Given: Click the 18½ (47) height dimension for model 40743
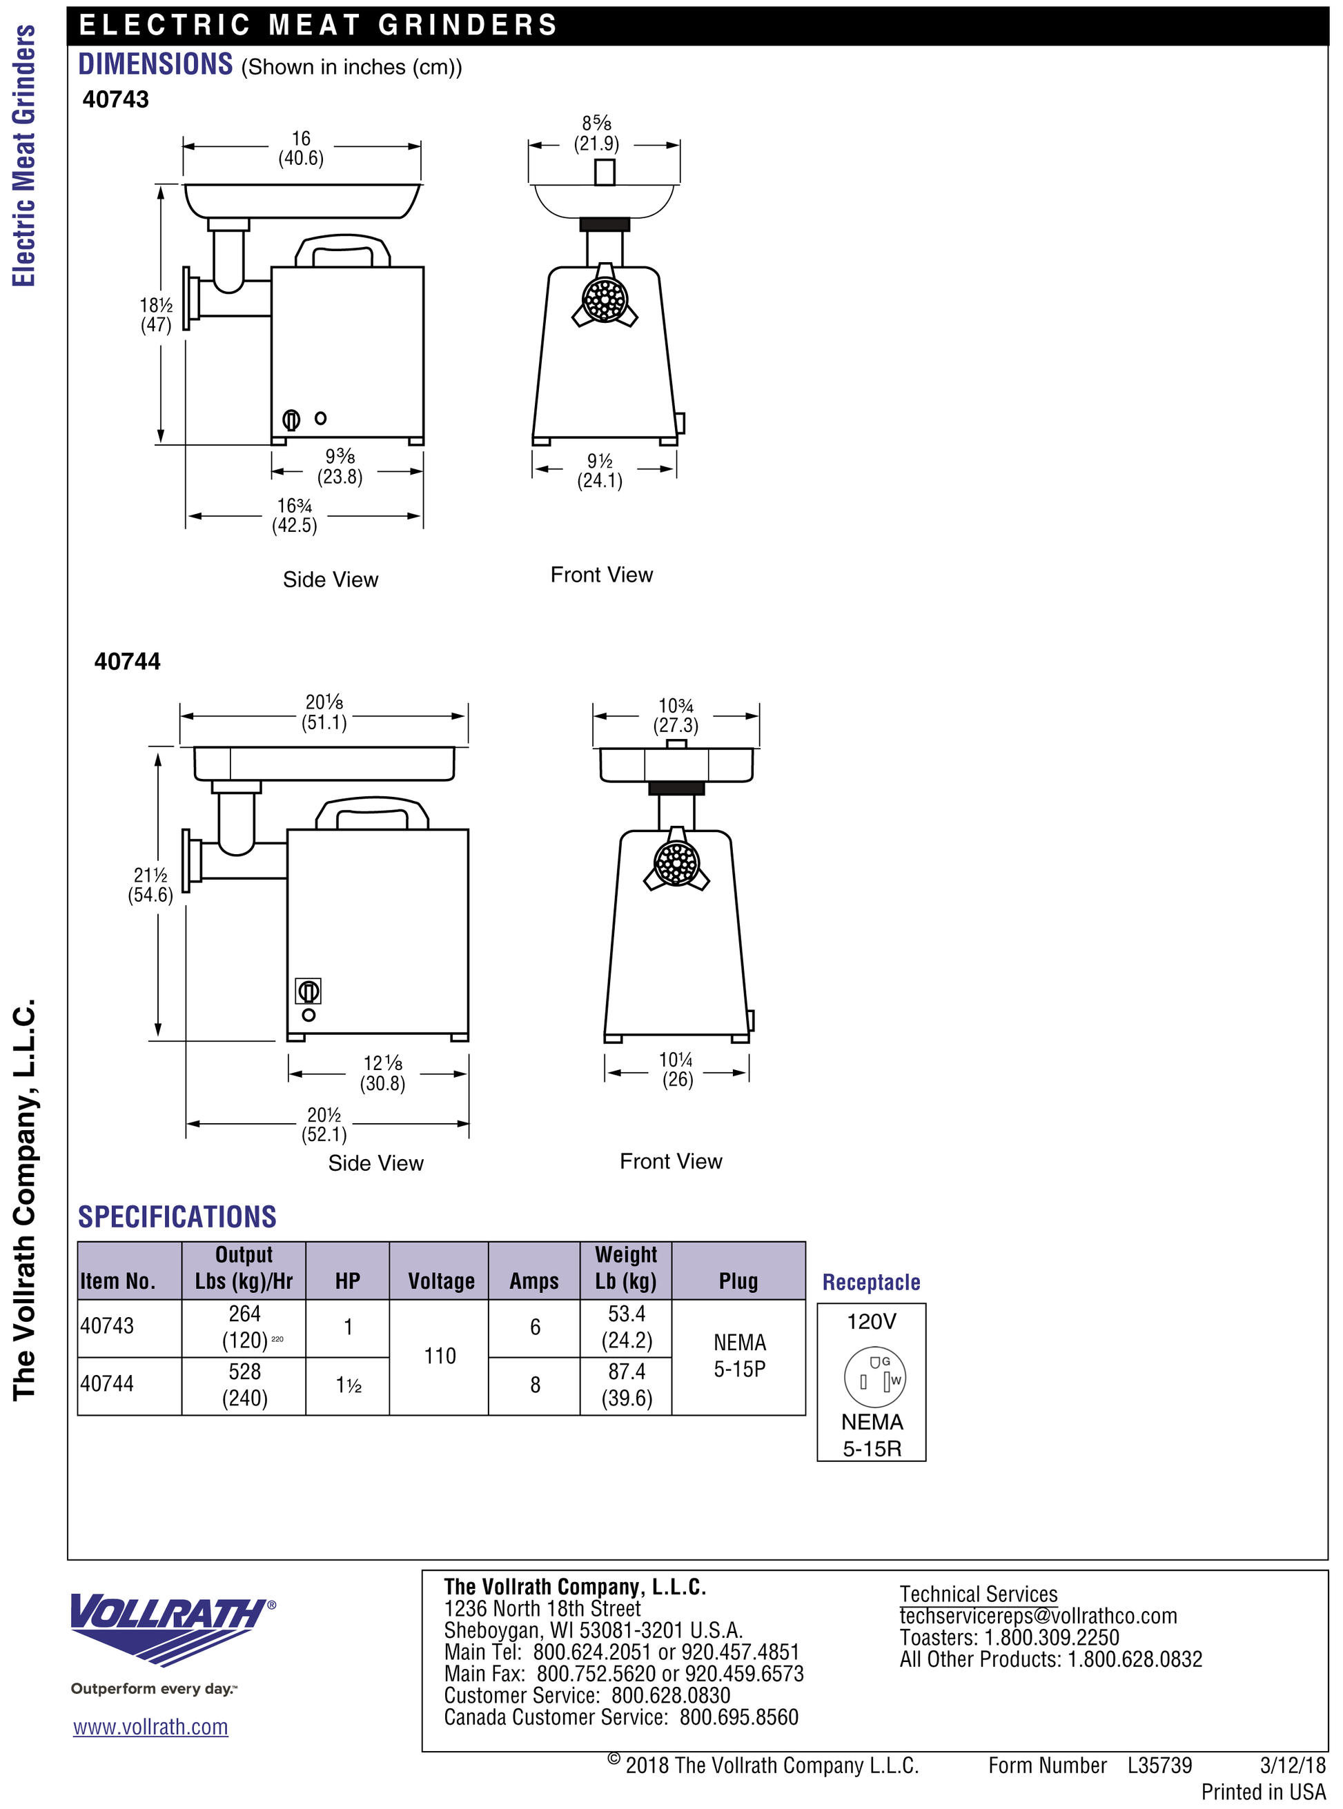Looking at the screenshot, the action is click(x=156, y=315).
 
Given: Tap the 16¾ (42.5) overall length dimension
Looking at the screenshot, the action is click(x=294, y=515).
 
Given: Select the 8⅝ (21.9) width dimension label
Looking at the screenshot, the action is click(x=597, y=133).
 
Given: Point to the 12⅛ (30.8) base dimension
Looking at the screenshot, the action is click(x=383, y=1073).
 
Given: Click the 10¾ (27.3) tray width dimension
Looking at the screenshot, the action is click(x=676, y=715).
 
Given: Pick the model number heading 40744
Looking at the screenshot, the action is click(x=128, y=662).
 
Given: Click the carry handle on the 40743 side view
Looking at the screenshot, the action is click(x=342, y=251).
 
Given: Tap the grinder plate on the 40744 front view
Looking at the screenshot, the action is click(x=676, y=863).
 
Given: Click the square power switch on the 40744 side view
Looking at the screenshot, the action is click(x=308, y=991).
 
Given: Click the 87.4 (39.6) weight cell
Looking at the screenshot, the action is click(x=627, y=1385).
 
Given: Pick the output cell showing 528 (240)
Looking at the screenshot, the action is click(x=245, y=1385).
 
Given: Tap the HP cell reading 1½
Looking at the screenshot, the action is click(x=349, y=1385).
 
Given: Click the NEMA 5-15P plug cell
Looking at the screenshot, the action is click(x=740, y=1356).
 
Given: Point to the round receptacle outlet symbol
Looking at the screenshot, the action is click(x=874, y=1376).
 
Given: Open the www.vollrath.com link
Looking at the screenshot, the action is click(x=150, y=1727).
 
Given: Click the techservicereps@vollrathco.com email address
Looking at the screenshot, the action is click(x=1038, y=1617).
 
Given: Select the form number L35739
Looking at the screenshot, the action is click(x=1159, y=1765).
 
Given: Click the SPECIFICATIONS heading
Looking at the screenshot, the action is click(x=177, y=1216).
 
